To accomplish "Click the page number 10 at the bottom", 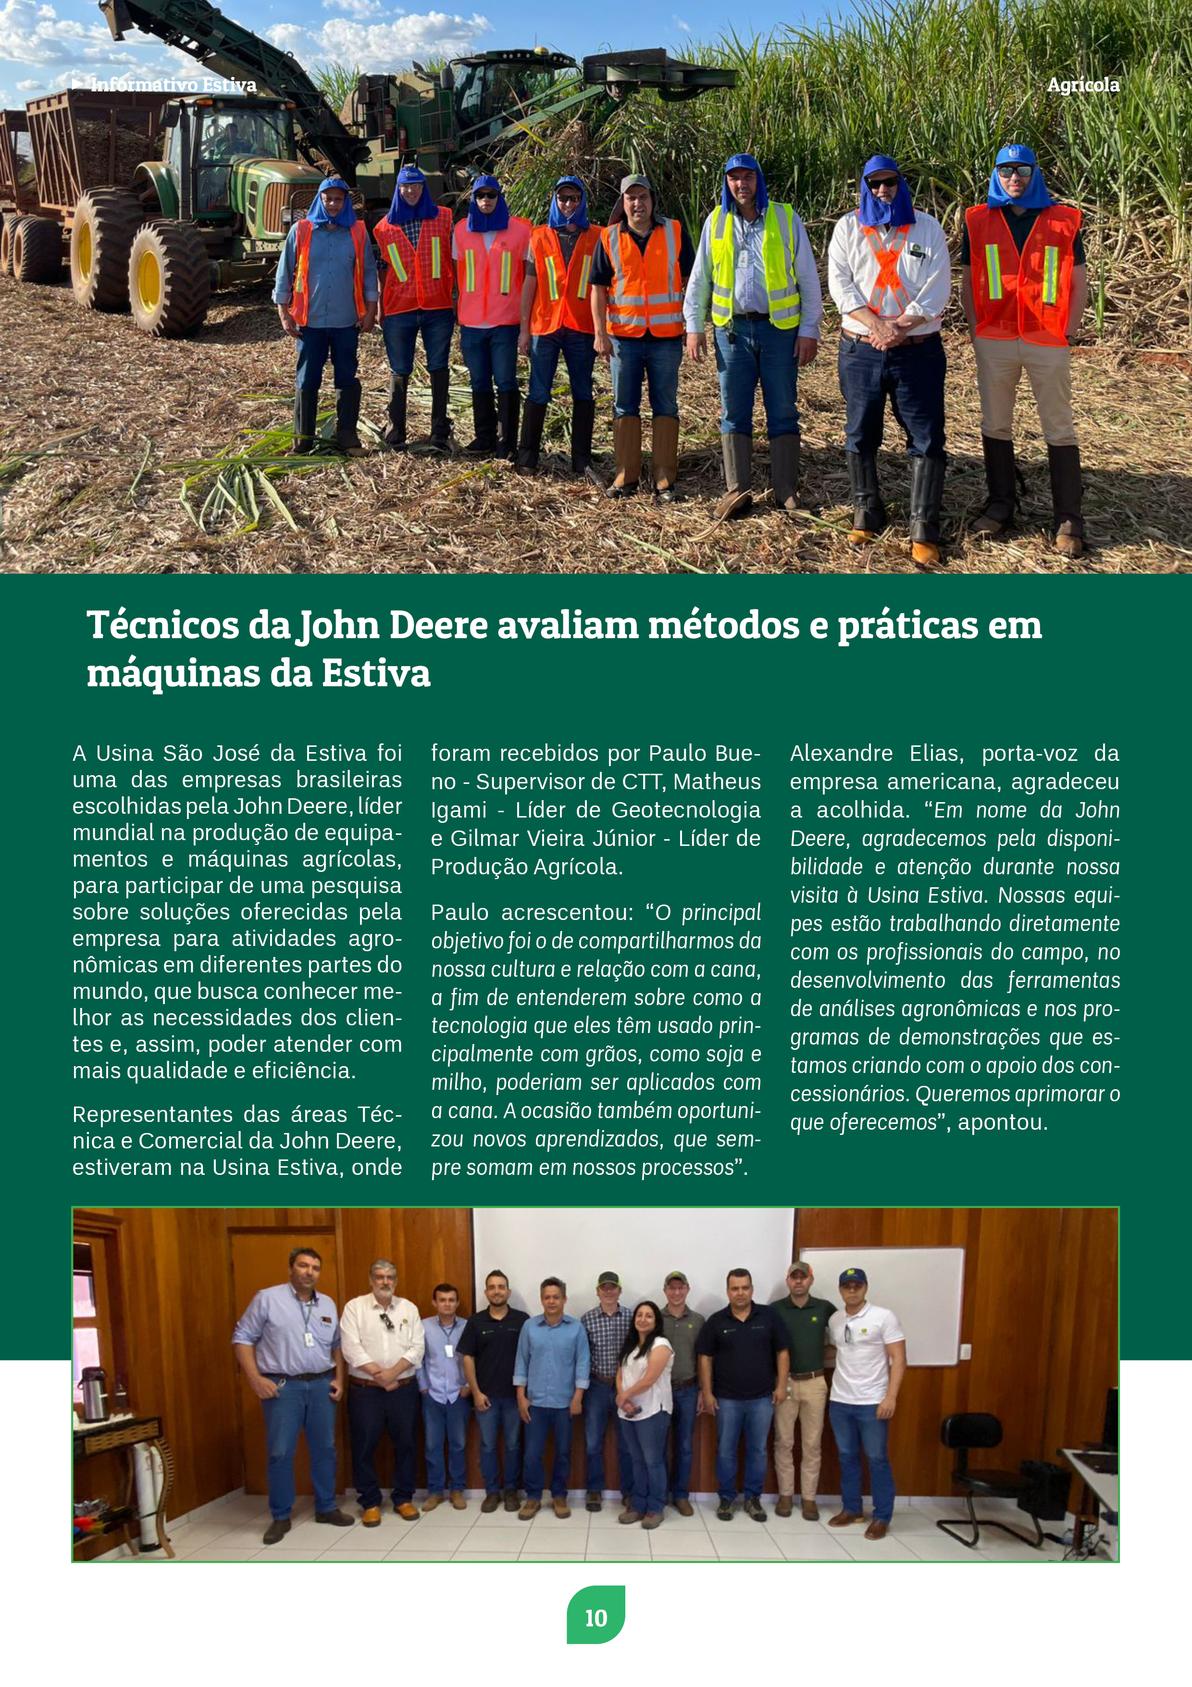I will pyautogui.click(x=596, y=1618).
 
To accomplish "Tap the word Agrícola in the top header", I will pyautogui.click(x=1082, y=85).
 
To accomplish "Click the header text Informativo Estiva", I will pyautogui.click(x=174, y=85).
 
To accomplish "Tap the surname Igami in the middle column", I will pyautogui.click(x=453, y=810).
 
